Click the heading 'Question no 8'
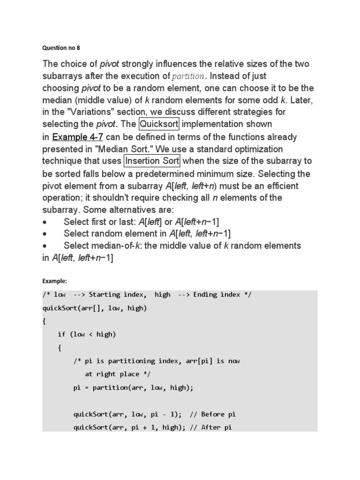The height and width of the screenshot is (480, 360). click(62, 47)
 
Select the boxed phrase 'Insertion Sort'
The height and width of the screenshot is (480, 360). click(152, 161)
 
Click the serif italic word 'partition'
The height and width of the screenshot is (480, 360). click(188, 76)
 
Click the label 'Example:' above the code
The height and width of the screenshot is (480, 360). click(55, 281)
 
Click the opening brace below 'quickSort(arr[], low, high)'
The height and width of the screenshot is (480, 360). click(44, 321)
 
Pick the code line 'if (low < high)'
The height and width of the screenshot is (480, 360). click(87, 334)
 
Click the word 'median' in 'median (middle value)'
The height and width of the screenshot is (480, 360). click(57, 100)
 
